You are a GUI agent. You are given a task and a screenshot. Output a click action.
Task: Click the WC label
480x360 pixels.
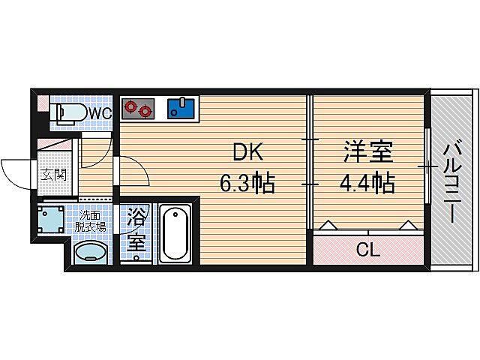coord(101,112)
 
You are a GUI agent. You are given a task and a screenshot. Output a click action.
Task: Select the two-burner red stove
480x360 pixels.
coord(137,109)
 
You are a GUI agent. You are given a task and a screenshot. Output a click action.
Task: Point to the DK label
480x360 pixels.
coord(247,154)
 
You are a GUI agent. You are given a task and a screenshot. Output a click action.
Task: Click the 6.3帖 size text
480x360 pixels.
coord(247,182)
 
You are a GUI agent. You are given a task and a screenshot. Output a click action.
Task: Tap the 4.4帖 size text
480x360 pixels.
coord(367,182)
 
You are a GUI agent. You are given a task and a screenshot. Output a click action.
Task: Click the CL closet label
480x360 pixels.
coord(367,249)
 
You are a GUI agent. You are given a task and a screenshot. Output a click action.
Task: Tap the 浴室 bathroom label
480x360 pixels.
coord(136,231)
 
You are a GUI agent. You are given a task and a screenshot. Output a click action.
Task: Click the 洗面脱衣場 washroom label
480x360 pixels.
coord(93,221)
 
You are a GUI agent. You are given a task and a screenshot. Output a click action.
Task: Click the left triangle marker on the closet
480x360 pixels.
coord(328,223)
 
